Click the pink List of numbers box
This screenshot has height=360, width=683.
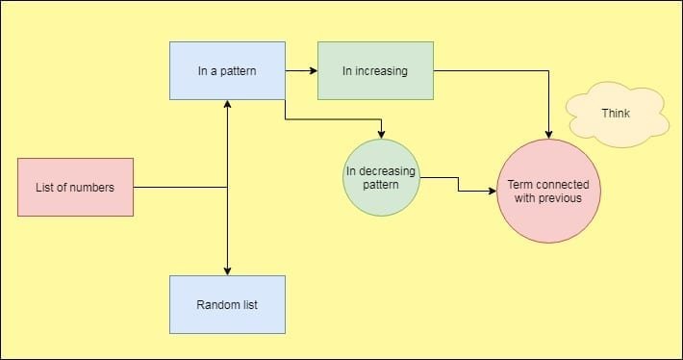coord(76,187)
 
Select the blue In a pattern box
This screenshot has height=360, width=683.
coord(227,70)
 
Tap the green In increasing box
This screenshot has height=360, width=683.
coord(375,70)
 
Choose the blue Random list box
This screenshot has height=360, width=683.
coord(227,305)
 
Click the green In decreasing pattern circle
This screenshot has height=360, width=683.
coord(382,177)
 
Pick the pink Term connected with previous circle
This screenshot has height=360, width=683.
coord(548,190)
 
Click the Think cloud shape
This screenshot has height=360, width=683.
coord(617,115)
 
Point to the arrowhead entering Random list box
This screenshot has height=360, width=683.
coord(227,270)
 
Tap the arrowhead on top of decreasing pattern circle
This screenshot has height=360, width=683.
coord(382,134)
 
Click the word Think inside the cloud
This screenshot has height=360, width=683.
coord(616,114)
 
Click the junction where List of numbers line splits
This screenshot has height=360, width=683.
coord(227,187)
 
